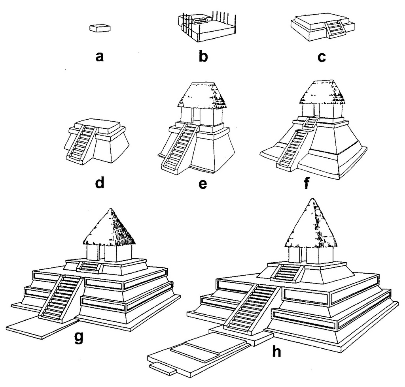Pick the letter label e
coord(203,184)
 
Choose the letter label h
coord(277,350)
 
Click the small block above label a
coord(100,28)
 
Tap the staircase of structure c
coord(333,29)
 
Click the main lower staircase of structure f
coord(294,148)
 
